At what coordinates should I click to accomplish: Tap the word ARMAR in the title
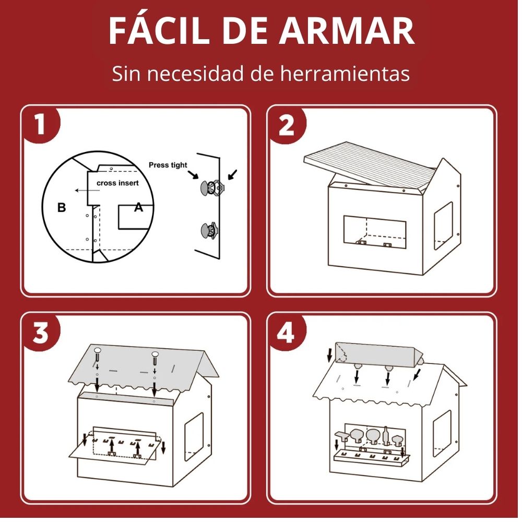coord(347,31)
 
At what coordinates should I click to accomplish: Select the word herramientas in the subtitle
coord(345,74)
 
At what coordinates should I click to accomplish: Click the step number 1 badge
coord(40,125)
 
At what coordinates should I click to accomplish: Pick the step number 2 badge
coord(286,125)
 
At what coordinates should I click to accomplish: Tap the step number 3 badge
coord(41,333)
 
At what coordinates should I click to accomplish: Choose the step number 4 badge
coord(286,333)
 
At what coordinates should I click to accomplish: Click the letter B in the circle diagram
coord(62,207)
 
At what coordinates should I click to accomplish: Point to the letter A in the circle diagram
coord(138,207)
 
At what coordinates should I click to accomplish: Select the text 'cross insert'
coord(117,183)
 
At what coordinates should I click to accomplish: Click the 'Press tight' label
coord(168,165)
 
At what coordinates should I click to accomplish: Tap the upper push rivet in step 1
coord(212,188)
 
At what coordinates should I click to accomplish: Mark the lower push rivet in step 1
coord(210,230)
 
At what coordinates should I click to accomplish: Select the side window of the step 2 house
coord(443,226)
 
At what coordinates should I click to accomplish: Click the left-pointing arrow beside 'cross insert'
coord(87,191)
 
